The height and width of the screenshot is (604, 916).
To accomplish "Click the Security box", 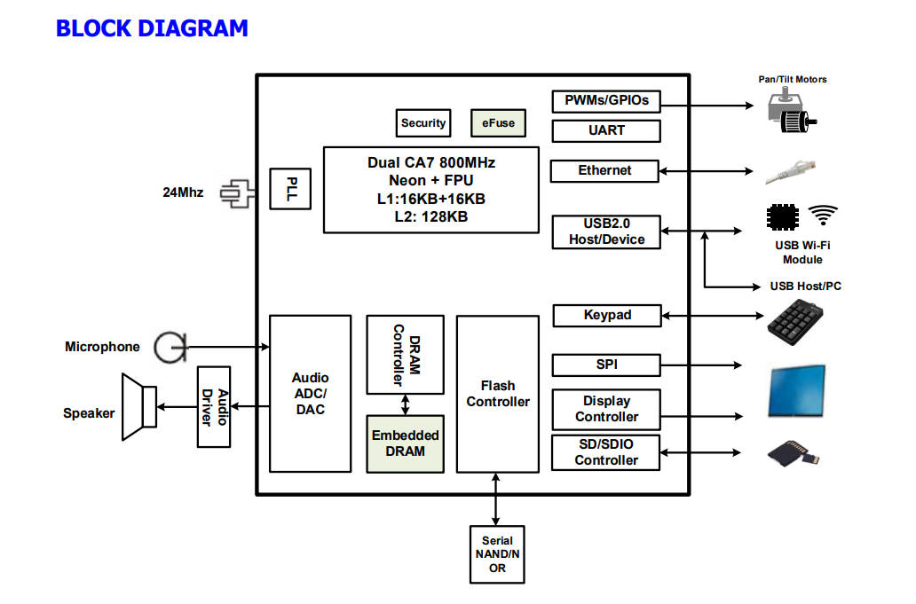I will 422,122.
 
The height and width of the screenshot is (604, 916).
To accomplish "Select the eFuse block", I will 498,122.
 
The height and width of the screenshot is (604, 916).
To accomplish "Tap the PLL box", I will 291,188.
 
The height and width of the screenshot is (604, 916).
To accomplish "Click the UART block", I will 606,130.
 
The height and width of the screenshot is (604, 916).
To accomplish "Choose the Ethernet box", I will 604,170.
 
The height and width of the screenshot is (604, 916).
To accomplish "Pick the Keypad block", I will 607,315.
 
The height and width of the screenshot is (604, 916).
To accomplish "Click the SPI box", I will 607,365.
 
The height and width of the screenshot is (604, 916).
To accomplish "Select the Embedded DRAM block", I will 405,443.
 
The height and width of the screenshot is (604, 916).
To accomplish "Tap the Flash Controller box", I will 498,394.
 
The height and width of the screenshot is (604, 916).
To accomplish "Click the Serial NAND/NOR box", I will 497,554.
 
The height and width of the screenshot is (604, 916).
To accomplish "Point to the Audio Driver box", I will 214,407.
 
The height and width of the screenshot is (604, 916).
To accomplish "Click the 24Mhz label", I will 183,192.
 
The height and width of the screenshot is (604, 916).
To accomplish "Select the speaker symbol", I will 139,407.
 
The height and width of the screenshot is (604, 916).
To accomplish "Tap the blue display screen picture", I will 797,391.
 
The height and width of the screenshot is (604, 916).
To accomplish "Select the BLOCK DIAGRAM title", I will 152,28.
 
